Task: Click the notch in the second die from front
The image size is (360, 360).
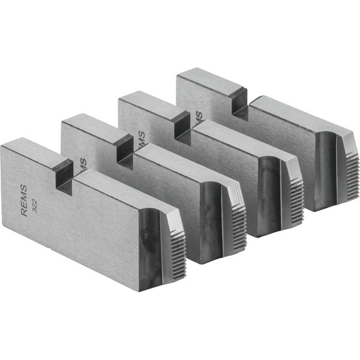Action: [x=125, y=149]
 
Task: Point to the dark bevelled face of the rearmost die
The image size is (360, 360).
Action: [x=327, y=168]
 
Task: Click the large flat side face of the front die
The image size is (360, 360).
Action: [x=78, y=234]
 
